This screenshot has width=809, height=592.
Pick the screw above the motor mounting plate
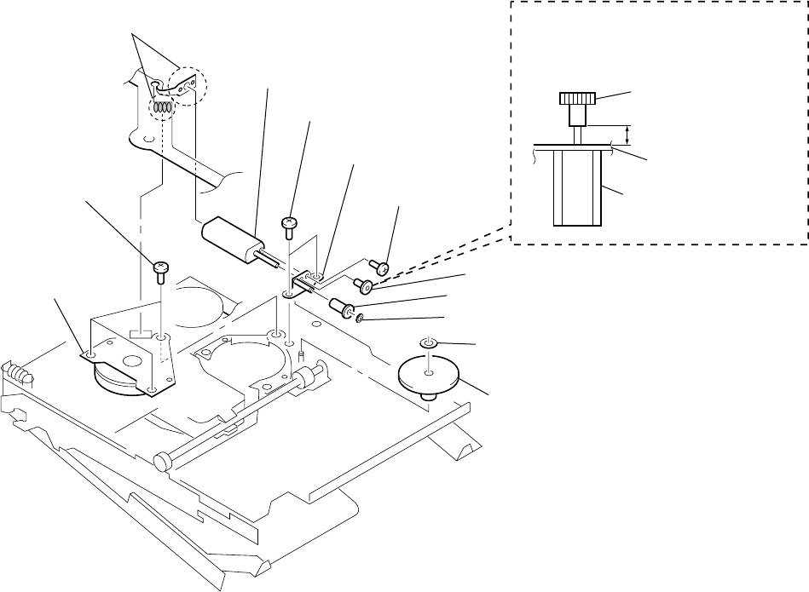click(x=159, y=272)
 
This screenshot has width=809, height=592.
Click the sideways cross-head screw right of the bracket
click(x=382, y=269)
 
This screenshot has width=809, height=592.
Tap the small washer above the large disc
click(x=429, y=343)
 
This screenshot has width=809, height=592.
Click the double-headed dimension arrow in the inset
click(x=629, y=135)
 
